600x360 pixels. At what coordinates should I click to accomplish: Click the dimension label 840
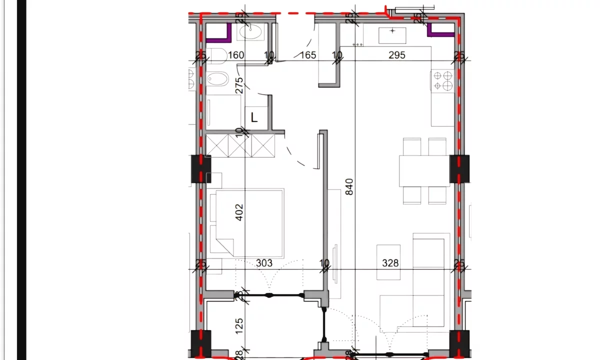(349, 186)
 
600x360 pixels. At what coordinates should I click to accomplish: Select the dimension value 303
(264, 263)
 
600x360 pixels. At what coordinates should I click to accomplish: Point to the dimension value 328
(390, 263)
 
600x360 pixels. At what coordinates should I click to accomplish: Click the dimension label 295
(397, 55)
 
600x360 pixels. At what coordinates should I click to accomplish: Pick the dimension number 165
(307, 55)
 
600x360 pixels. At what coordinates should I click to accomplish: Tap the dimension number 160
(235, 55)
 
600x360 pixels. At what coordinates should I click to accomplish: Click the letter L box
(254, 118)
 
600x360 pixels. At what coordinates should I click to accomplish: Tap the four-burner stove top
(442, 81)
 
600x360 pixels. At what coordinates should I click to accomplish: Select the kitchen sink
(392, 35)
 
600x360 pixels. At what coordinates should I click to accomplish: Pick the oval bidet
(217, 78)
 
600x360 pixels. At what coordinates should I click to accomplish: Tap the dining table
(424, 171)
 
